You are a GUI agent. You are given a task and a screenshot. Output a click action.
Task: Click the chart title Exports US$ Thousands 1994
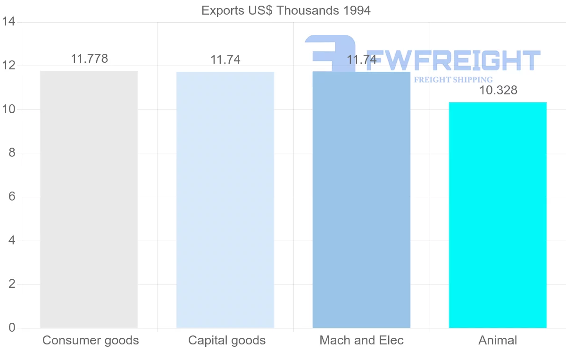click(x=286, y=10)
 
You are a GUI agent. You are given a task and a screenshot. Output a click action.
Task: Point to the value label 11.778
click(x=89, y=59)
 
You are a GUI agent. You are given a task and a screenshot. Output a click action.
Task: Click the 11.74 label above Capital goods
click(x=225, y=60)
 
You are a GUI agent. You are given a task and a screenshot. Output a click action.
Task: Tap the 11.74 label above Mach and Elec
click(x=362, y=60)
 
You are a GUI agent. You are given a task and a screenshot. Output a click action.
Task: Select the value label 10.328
click(x=498, y=91)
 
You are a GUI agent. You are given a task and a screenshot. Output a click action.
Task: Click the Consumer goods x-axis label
click(x=91, y=340)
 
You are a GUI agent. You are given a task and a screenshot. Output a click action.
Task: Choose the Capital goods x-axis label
click(x=227, y=340)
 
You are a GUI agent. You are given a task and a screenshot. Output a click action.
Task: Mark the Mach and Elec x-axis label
click(x=362, y=340)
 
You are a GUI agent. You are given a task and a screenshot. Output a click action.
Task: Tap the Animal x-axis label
click(x=498, y=340)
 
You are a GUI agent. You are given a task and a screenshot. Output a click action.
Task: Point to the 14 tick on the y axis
click(x=9, y=22)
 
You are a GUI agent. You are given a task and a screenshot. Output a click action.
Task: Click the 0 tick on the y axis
click(x=12, y=328)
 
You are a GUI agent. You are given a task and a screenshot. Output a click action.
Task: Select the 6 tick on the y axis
click(x=12, y=197)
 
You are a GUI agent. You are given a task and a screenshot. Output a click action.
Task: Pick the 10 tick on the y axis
click(x=9, y=109)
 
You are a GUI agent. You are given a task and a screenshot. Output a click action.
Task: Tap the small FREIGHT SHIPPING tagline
click(x=453, y=80)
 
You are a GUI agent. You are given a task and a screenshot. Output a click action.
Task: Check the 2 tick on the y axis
click(x=12, y=284)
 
